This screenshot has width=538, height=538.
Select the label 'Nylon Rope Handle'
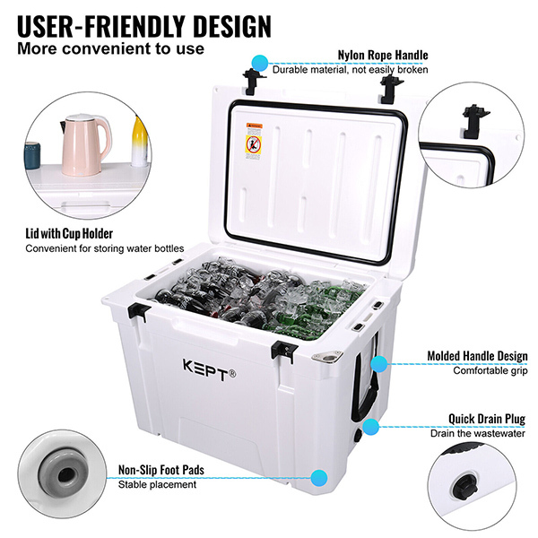(x=382, y=54)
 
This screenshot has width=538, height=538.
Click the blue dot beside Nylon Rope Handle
(x=260, y=62)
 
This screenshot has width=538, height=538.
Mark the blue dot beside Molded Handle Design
(x=379, y=363)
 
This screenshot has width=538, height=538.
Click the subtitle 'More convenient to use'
(x=111, y=48)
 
